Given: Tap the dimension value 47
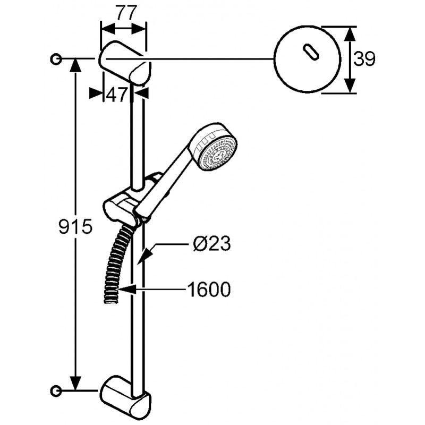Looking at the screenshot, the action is (116, 95).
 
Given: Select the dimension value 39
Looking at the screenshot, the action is (364, 59).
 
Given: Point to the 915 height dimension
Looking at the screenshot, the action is (75, 227).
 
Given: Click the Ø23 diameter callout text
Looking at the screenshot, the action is (211, 243).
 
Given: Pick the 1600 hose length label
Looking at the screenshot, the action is (209, 289).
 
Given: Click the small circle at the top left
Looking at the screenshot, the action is (56, 58).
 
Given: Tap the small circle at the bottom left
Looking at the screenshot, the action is (56, 390).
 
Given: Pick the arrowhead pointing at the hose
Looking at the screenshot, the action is (126, 290).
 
